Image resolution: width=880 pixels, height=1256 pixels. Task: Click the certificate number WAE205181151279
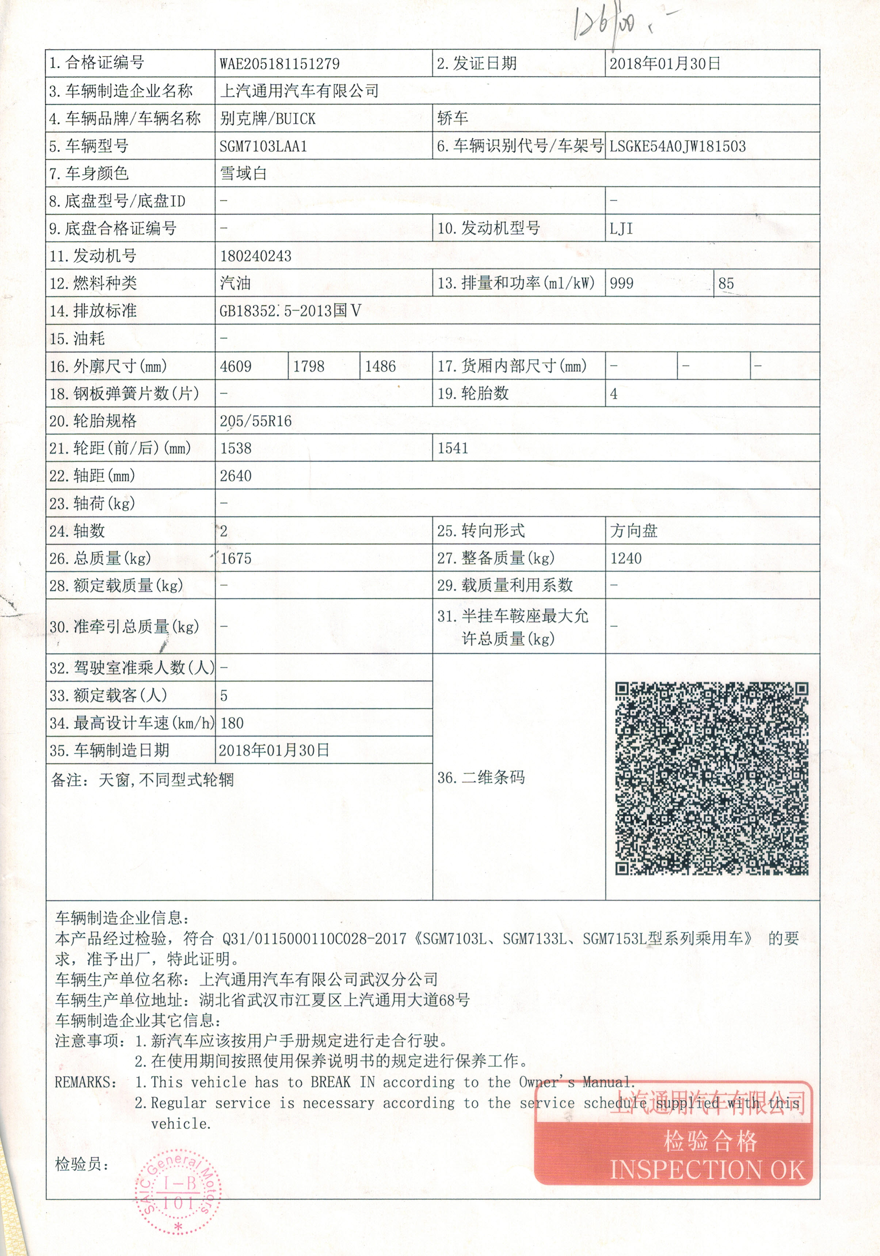279,64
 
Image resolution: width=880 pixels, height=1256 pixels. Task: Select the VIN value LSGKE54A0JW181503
677,146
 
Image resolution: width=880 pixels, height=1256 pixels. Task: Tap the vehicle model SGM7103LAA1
263,147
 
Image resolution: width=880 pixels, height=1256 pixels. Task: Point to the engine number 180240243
255,256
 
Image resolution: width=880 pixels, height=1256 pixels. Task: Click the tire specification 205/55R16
255,421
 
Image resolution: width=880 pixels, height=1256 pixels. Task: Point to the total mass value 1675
236,558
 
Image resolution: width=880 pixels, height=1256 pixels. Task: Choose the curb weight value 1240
626,558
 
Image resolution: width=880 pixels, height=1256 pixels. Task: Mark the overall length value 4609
236,366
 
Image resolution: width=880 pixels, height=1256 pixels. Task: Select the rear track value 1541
453,449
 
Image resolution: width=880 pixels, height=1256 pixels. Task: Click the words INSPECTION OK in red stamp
707,1170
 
